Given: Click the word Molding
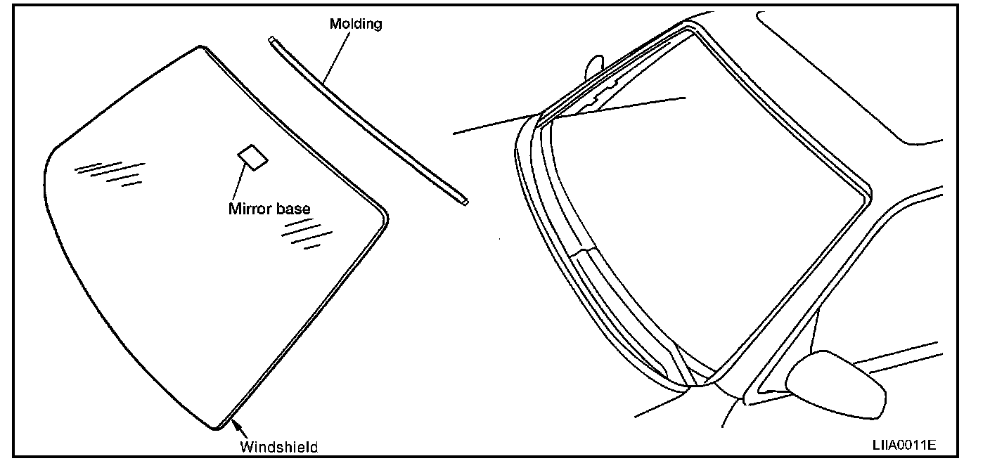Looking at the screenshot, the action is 356,24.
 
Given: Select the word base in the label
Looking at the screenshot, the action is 292,209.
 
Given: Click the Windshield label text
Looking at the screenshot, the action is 279,447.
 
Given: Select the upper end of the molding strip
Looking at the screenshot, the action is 271,40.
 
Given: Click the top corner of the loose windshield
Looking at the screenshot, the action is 202,49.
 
